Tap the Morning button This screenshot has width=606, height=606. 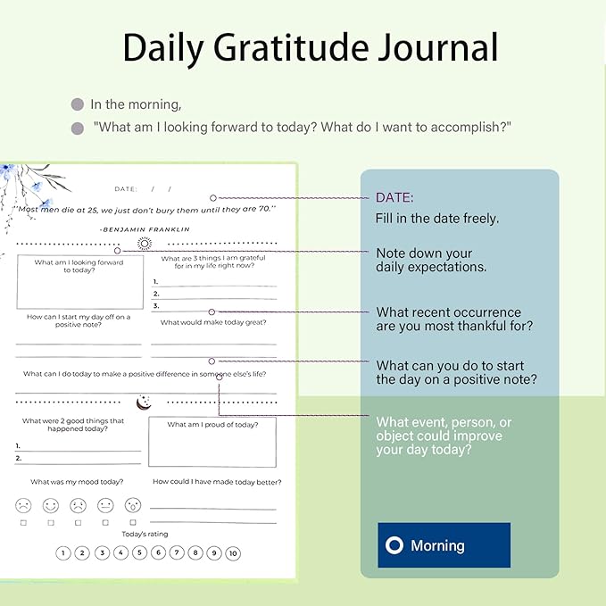point(444,544)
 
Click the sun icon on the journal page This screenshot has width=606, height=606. point(145,243)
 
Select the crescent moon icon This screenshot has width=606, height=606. point(142,403)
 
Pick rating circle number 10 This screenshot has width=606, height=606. point(233,553)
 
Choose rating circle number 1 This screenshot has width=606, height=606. point(63,553)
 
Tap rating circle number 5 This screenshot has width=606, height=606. point(139,553)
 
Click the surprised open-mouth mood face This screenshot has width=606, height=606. point(133,505)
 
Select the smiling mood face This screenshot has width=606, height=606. point(51,505)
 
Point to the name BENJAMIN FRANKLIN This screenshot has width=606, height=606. point(145,229)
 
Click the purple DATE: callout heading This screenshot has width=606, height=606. point(394,197)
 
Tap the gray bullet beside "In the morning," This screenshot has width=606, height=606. point(78,104)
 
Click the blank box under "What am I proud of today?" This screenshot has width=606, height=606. point(212,447)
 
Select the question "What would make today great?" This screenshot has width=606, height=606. point(213,322)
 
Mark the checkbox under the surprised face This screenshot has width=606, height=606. point(133,522)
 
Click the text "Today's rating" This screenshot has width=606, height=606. point(145,534)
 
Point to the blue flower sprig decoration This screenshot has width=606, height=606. point(27,183)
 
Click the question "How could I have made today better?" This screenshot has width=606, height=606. point(213,482)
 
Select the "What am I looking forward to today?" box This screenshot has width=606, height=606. point(79,281)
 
